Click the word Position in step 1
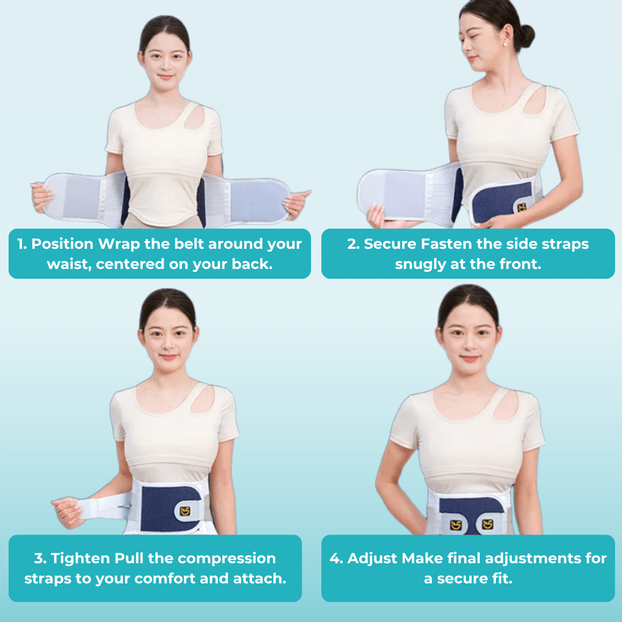[62, 244]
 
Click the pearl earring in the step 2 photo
[505, 44]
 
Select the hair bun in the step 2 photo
[526, 36]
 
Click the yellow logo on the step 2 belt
[522, 207]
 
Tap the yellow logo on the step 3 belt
[185, 511]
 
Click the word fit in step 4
[502, 579]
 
